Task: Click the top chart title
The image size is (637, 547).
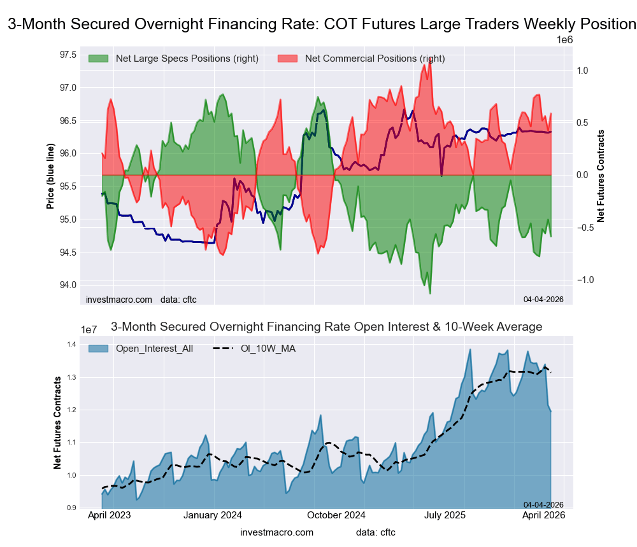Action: tap(322, 24)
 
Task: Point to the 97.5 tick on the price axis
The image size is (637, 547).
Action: tap(68, 54)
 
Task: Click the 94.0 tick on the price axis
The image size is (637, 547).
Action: tap(68, 285)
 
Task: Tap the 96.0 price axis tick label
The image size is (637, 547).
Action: tap(68, 153)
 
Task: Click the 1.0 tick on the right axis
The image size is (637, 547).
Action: tap(582, 71)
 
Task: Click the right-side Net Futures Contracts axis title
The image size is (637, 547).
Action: tap(601, 176)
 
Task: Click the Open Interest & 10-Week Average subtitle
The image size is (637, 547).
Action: tap(326, 327)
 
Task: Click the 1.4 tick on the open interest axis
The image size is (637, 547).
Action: tap(72, 345)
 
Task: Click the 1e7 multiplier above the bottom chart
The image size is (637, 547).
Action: tap(93, 330)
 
